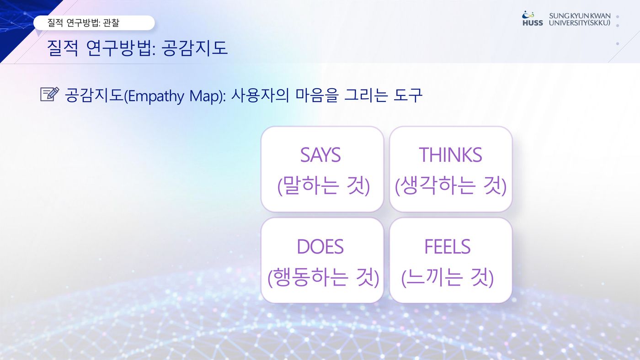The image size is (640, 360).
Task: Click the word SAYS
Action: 320,155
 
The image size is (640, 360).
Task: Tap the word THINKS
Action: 451,155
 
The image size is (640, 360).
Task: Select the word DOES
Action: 320,246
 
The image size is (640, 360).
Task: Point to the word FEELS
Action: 448,246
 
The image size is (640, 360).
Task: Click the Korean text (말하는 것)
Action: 324,185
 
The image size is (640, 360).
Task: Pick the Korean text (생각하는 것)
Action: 451,185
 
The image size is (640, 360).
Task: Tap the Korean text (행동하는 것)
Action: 324,277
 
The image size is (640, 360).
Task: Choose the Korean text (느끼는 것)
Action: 448,277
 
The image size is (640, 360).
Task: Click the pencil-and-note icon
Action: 50,94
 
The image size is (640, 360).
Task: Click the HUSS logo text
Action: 533,23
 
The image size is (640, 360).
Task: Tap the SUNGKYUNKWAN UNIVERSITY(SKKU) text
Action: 580,19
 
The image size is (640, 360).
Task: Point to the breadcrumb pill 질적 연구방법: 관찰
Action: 94,22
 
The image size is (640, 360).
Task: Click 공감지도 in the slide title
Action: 195,48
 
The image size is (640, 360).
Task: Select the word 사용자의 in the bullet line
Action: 260,95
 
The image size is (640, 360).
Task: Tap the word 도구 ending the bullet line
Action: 408,95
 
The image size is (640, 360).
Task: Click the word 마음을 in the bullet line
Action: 317,95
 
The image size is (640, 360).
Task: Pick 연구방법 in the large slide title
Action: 118,48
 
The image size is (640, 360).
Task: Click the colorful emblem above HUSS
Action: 528,14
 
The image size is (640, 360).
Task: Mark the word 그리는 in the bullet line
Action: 366,95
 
